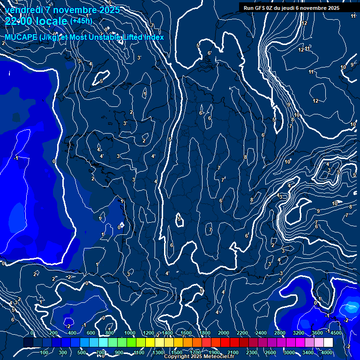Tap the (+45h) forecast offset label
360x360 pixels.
pos(81,21)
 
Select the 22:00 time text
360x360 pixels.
pos(18,21)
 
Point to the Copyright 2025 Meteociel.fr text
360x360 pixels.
pos(199,357)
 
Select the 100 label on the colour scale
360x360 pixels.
pos(45,352)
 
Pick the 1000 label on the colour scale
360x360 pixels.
pos(130,333)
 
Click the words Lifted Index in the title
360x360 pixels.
pos(143,37)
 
